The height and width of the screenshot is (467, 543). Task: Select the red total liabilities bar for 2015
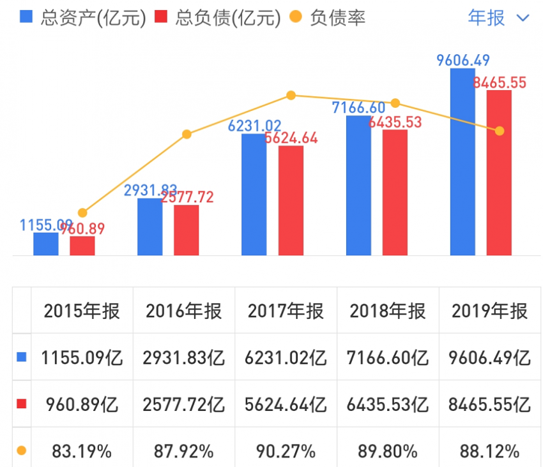coord(82,246)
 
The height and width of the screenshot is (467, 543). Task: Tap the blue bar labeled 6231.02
coord(254,195)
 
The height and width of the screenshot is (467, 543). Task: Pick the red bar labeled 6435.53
coord(395,193)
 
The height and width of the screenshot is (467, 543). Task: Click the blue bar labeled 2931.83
coord(149,226)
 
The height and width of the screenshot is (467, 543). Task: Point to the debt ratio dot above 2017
coord(291,96)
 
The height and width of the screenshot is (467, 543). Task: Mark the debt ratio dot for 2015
coord(82,212)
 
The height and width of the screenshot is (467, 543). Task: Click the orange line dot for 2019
coord(500,131)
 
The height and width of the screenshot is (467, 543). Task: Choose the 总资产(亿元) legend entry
coord(84,17)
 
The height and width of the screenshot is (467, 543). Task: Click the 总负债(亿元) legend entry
coord(218,17)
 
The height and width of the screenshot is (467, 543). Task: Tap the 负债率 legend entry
coord(328,17)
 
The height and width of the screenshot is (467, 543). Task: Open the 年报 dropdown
coord(498,17)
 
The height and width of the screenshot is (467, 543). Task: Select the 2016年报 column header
coord(184,311)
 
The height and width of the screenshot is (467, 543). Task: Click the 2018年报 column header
coord(388,311)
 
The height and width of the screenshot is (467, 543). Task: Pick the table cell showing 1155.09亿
coord(82,357)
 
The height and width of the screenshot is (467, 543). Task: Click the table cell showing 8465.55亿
coord(490,404)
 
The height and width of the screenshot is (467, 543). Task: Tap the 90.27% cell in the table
coord(286,451)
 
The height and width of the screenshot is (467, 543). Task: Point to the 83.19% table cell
coord(82,451)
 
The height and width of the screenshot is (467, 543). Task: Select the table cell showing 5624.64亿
coord(286,404)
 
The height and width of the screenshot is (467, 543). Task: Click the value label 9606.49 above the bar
coord(463,61)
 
